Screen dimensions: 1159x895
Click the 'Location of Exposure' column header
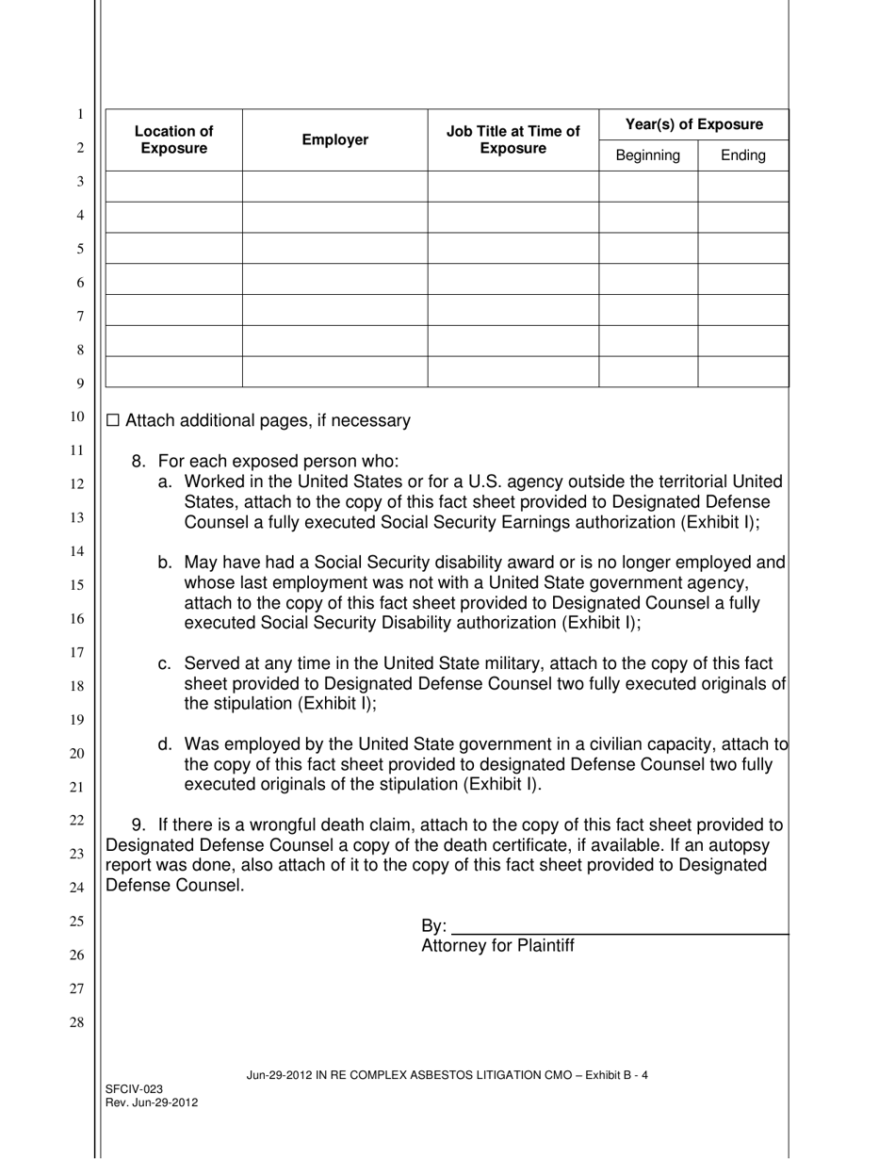(173, 139)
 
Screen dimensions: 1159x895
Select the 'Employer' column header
(334, 139)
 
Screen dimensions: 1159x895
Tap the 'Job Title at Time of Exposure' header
(513, 139)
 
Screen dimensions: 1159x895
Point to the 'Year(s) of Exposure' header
(694, 124)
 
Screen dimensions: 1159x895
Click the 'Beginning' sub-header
(647, 155)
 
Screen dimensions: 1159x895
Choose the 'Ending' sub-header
(742, 155)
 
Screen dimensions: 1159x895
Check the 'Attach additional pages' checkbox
(114, 421)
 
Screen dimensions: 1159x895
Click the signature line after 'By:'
(619, 929)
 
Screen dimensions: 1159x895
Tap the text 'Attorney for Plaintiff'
(497, 946)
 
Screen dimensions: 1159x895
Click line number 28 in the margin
(80, 1022)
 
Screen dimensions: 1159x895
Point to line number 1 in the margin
(80, 114)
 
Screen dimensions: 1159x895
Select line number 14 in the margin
(80, 550)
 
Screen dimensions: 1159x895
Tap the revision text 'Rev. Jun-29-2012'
(152, 1102)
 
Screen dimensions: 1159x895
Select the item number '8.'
(139, 461)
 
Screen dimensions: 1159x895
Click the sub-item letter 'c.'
(165, 664)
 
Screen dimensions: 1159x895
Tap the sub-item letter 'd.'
(165, 744)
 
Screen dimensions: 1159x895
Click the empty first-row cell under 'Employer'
(334, 186)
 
